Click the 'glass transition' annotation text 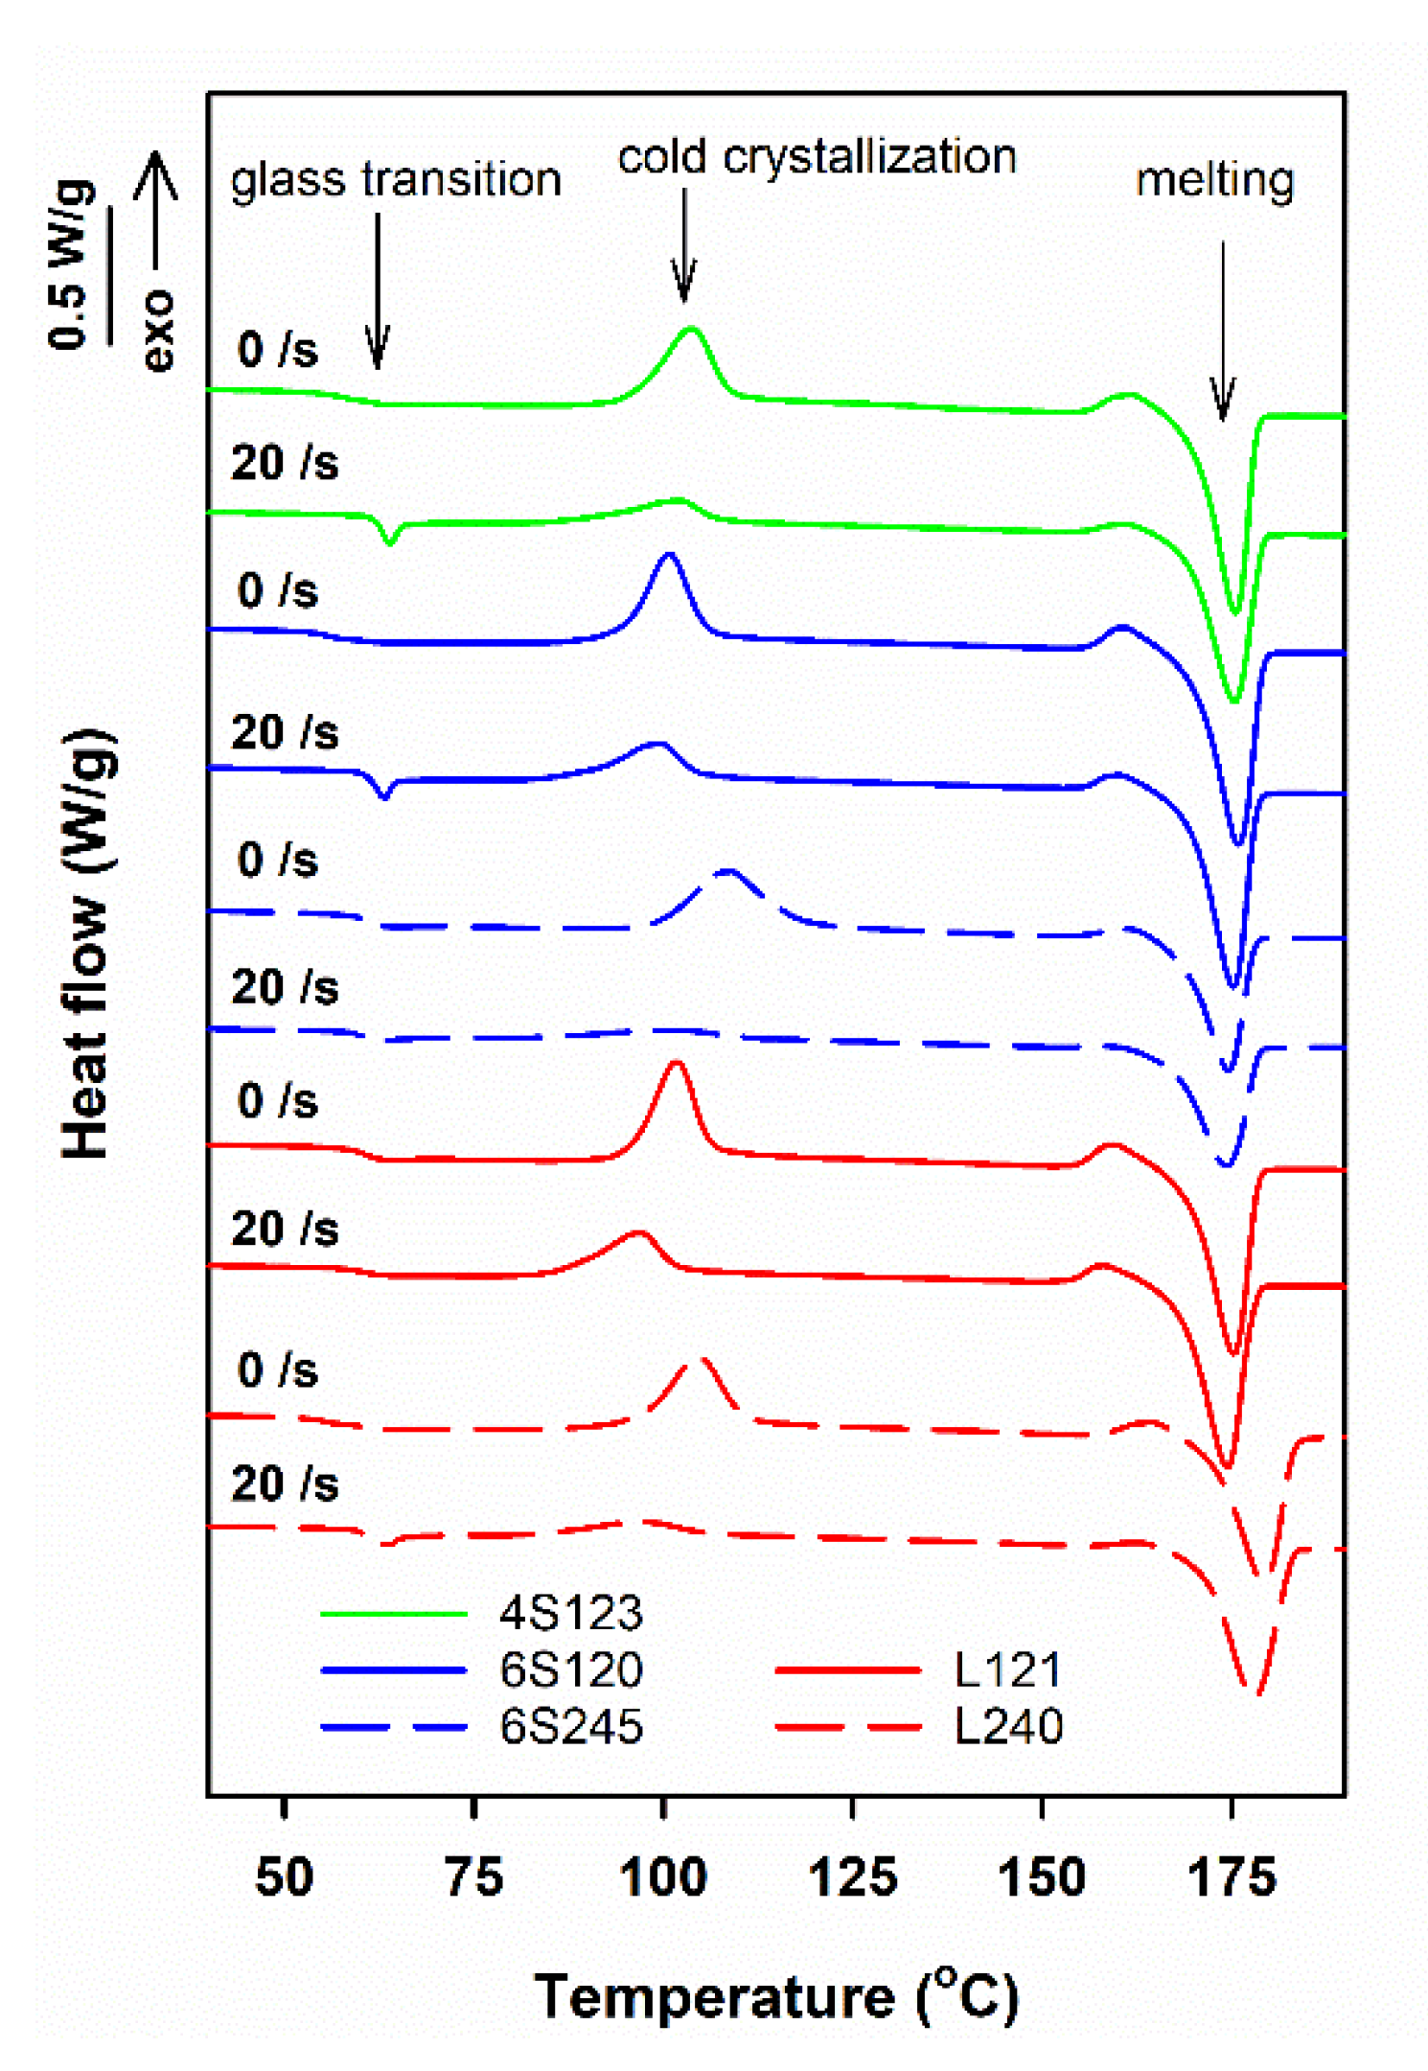click(x=395, y=180)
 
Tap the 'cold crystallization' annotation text click(x=816, y=157)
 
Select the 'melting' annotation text click(x=1214, y=180)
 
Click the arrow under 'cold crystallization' click(x=683, y=244)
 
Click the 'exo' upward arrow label click(x=156, y=259)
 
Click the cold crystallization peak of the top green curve click(x=691, y=331)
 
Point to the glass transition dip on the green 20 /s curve click(x=389, y=541)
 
